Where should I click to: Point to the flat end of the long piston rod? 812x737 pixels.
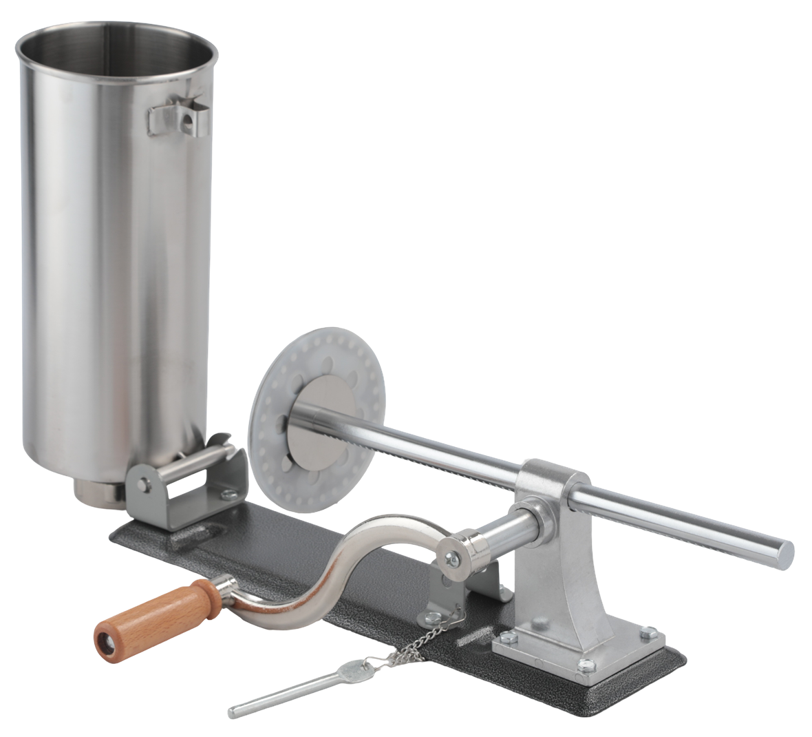click(784, 551)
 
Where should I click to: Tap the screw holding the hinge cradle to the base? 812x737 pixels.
click(224, 492)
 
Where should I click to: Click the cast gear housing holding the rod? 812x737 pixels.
click(551, 544)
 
